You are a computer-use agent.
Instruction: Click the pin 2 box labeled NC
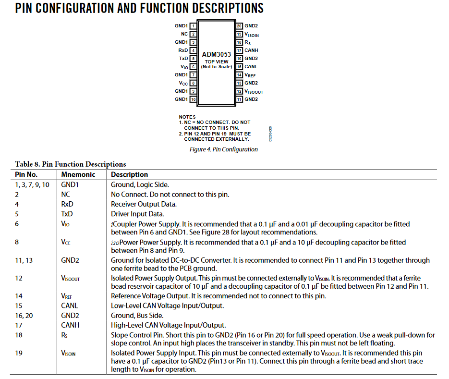[193, 34]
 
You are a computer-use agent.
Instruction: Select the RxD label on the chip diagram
[183, 50]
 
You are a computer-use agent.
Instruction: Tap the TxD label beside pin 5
[183, 59]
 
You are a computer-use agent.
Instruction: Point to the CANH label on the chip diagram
[251, 50]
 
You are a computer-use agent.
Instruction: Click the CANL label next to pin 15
[251, 67]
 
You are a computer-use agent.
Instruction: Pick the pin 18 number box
[239, 42]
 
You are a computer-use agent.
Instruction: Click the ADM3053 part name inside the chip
[216, 55]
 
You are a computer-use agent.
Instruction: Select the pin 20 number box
[239, 26]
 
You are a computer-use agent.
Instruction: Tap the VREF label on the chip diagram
[250, 75]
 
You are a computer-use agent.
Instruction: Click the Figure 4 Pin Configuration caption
[223, 149]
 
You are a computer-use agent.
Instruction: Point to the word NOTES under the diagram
[187, 117]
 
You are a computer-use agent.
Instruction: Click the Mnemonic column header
[78, 175]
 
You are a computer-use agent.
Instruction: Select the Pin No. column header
[26, 175]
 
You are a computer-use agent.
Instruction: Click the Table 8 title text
[71, 164]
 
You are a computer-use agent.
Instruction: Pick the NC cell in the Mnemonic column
[66, 195]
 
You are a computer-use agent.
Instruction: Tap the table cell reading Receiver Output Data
[144, 204]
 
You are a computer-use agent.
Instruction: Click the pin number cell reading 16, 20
[24, 316]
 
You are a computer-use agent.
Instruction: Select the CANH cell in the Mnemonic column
[70, 325]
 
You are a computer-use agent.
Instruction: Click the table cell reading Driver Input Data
[137, 214]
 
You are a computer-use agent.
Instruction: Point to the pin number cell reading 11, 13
[24, 260]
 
